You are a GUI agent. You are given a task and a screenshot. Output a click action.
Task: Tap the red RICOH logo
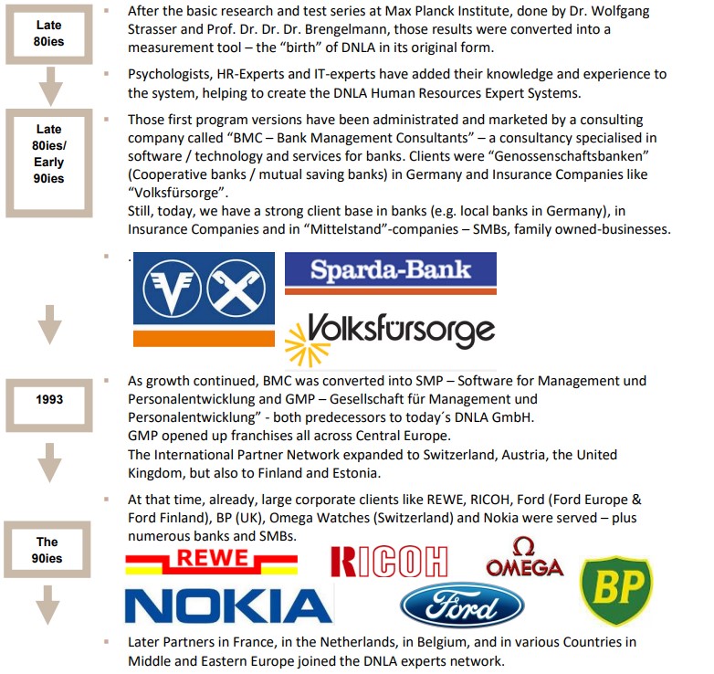[x=389, y=562]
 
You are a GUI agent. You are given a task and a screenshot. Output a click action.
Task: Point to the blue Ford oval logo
[x=462, y=606]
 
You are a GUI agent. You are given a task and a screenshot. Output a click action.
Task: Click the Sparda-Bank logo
[x=390, y=269]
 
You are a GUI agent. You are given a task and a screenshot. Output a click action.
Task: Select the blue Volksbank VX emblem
[x=204, y=291]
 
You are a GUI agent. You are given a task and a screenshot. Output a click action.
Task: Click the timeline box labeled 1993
[x=49, y=399]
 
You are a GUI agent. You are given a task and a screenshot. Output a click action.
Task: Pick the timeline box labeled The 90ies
[x=47, y=549]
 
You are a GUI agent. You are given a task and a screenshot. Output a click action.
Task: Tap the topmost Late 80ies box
[x=49, y=32]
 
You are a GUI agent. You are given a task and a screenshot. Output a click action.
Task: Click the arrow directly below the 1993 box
[x=49, y=464]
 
